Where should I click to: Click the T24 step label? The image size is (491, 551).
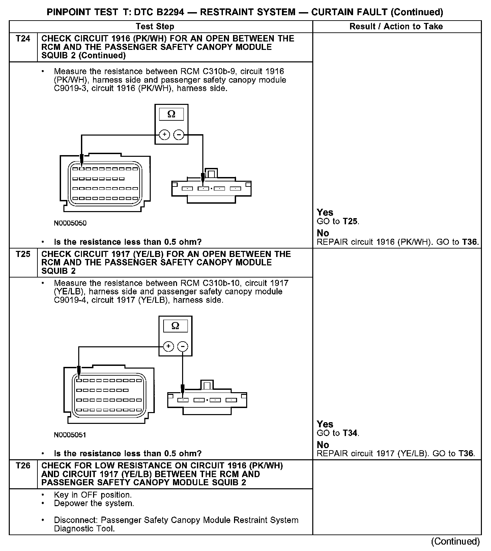pyautogui.click(x=23, y=39)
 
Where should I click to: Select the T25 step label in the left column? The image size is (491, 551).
pyautogui.click(x=23, y=254)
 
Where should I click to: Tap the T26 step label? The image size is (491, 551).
pyautogui.click(x=23, y=466)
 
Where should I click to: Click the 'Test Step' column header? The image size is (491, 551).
pyautogui.click(x=155, y=27)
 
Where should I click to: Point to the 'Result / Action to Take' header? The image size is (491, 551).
pyautogui.click(x=396, y=27)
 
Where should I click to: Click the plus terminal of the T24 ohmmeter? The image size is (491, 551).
pyautogui.click(x=165, y=135)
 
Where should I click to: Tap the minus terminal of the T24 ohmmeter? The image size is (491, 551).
pyautogui.click(x=178, y=135)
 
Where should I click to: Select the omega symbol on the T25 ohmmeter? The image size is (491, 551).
pyautogui.click(x=175, y=326)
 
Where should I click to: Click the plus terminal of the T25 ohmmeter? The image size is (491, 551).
pyautogui.click(x=169, y=346)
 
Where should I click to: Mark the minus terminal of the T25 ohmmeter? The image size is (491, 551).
pyautogui.click(x=182, y=346)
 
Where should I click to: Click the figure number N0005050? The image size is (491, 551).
pyautogui.click(x=70, y=223)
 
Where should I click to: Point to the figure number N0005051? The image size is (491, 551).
pyautogui.click(x=70, y=435)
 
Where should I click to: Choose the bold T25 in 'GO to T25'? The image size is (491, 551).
pyautogui.click(x=350, y=222)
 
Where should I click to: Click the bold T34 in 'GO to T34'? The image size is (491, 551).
pyautogui.click(x=350, y=433)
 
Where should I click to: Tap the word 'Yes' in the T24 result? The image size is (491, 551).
pyautogui.click(x=325, y=212)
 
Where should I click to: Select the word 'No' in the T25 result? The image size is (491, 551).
pyautogui.click(x=323, y=445)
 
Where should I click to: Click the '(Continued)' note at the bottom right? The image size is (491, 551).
pyautogui.click(x=455, y=541)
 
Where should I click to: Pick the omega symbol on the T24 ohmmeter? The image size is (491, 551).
pyautogui.click(x=171, y=114)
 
